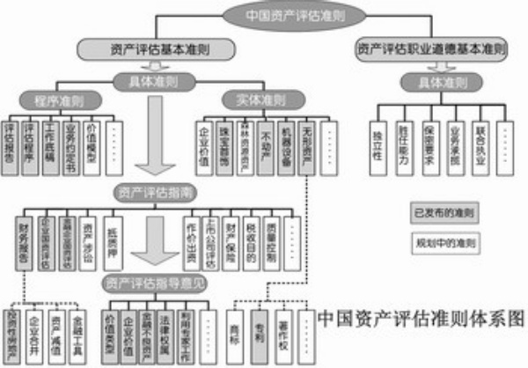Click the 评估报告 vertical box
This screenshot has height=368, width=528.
pyautogui.click(x=12, y=140)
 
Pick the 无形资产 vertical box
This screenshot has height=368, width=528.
pyautogui.click(x=306, y=140)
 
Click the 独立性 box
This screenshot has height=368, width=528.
pyautogui.click(x=378, y=137)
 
